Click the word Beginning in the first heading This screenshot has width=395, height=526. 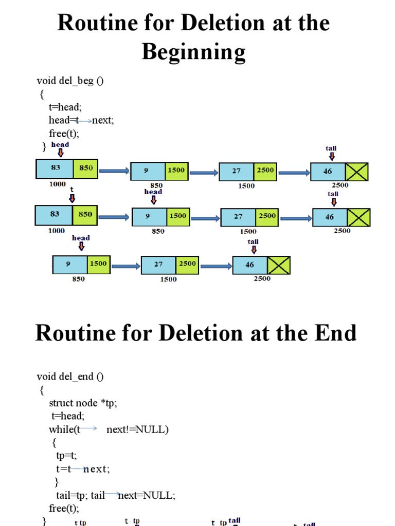click(193, 52)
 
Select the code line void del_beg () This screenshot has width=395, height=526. click(70, 81)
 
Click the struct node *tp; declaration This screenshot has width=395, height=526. click(83, 403)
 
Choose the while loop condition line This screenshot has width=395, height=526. click(109, 429)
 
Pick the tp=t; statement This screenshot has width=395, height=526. click(66, 455)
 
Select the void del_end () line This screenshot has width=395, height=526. click(70, 377)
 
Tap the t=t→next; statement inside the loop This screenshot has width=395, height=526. click(83, 468)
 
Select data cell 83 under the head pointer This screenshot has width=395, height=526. click(55, 168)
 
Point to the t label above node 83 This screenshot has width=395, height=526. click(72, 190)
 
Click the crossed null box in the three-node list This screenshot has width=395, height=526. click(279, 265)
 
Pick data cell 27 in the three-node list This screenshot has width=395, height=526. click(158, 265)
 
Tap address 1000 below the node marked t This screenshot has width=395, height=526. click(57, 231)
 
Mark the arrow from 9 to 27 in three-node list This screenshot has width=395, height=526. click(125, 266)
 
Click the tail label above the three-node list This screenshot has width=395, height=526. click(253, 241)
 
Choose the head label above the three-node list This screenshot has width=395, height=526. click(81, 238)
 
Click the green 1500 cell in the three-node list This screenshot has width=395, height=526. click(98, 264)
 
